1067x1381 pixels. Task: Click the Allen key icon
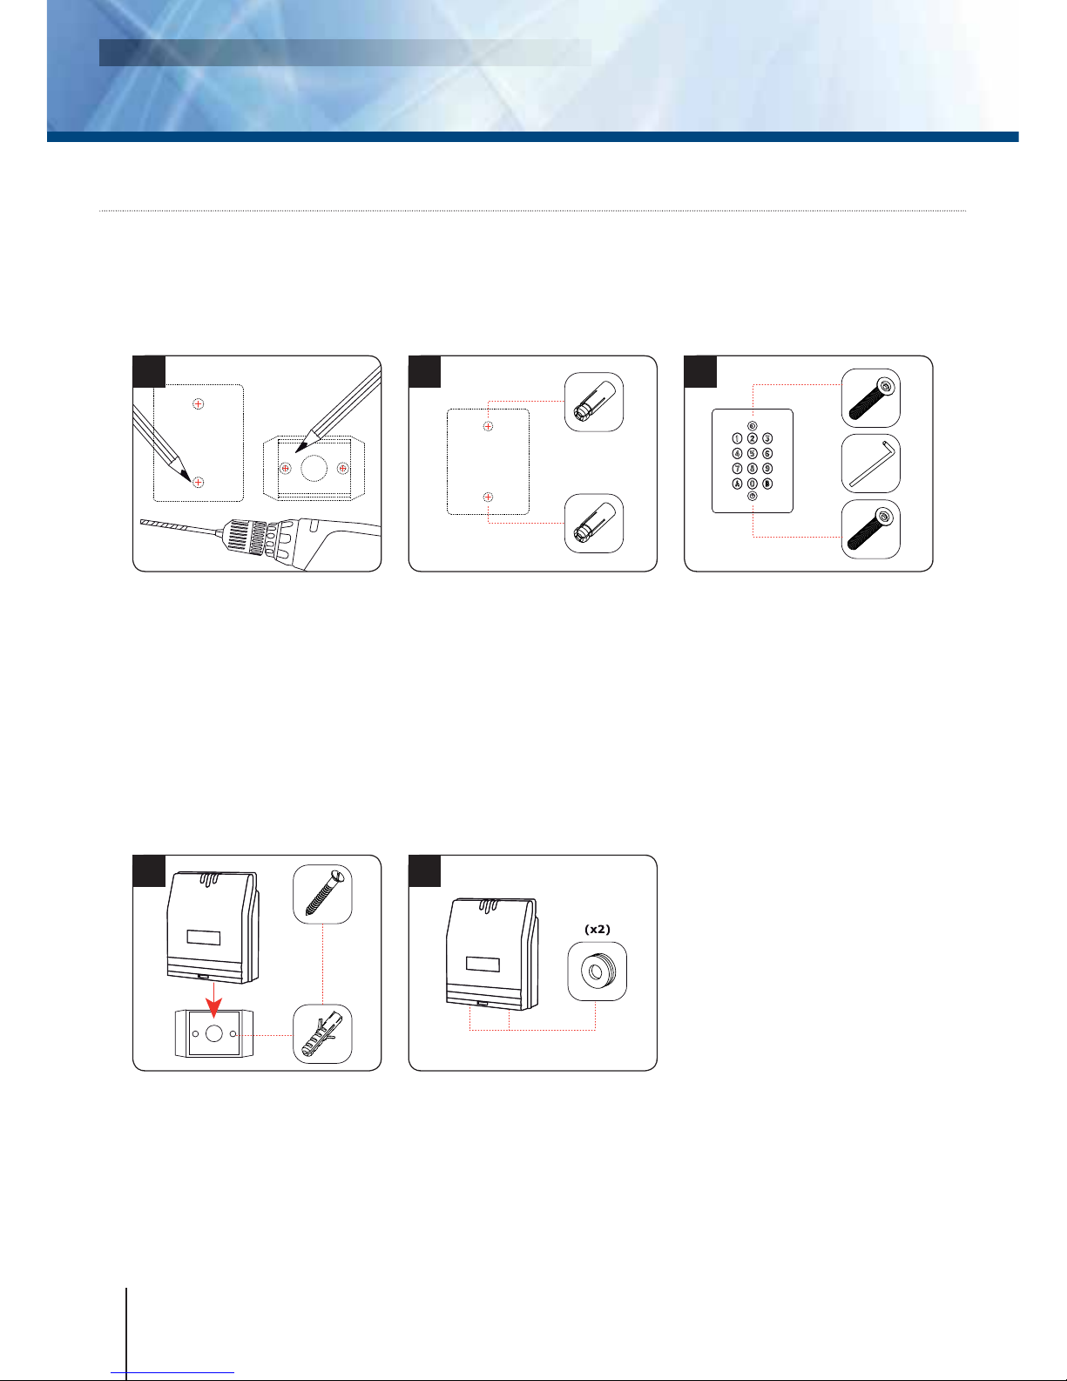871,464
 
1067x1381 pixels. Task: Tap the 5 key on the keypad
752,453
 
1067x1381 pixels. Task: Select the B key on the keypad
767,484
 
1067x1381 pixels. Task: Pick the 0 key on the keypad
752,484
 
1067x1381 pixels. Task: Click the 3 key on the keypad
767,438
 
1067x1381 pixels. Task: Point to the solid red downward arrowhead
214,1007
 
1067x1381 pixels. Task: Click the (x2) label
597,929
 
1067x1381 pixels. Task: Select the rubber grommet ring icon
597,971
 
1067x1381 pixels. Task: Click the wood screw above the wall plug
322,894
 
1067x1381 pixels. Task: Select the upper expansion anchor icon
594,403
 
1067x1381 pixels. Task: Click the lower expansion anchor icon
594,523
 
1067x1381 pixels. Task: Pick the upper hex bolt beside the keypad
871,398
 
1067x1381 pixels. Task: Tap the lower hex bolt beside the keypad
871,530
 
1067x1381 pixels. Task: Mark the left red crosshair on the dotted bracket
286,469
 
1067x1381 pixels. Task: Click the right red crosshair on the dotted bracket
343,469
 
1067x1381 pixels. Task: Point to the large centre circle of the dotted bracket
314,469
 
